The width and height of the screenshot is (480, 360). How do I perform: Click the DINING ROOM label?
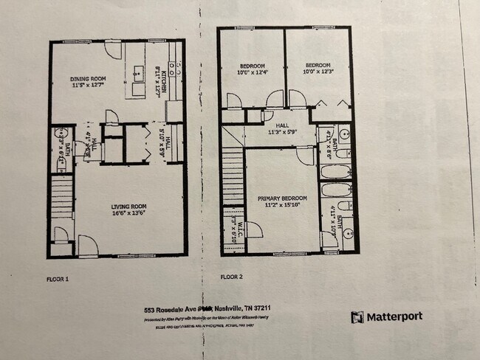point(88,82)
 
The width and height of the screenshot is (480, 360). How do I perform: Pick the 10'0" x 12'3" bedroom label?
point(317,68)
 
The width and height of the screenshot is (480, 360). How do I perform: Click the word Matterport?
point(397,316)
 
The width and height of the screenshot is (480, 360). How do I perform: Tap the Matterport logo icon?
point(357,316)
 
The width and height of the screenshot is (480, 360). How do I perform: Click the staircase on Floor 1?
point(62,199)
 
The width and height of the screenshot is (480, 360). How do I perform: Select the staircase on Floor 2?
point(234,177)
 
